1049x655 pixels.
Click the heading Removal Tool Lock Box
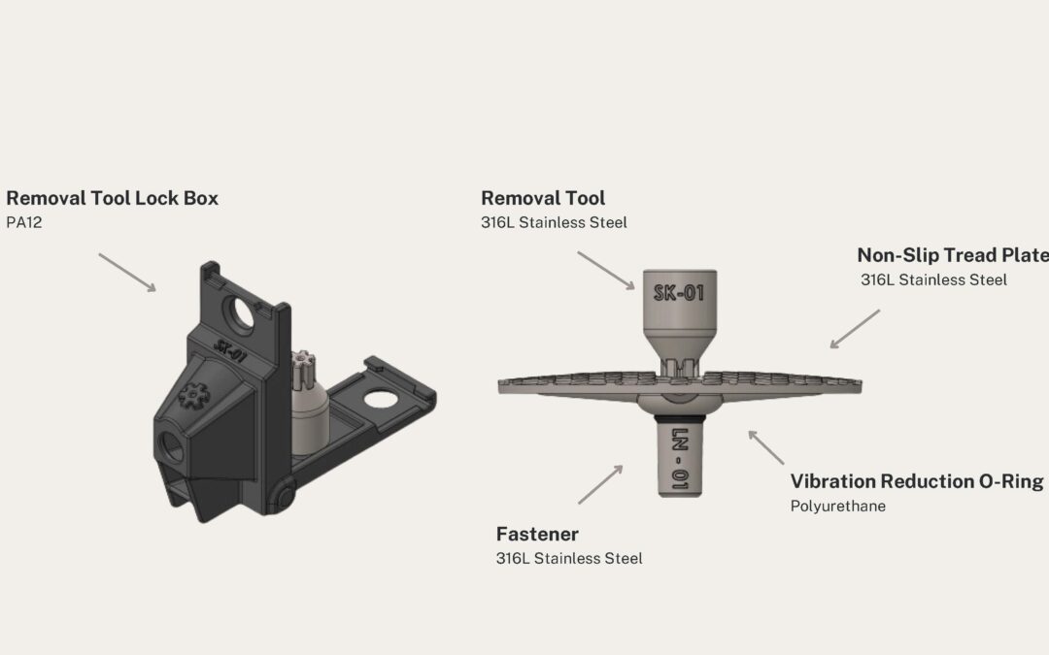point(112,198)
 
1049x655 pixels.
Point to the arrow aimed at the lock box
point(126,273)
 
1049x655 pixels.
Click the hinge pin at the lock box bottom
point(283,497)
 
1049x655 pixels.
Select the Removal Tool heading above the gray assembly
point(543,198)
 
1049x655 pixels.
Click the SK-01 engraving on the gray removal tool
point(680,292)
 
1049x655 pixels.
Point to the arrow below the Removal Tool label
point(606,271)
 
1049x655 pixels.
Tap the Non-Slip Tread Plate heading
point(952,255)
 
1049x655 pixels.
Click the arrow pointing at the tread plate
point(855,329)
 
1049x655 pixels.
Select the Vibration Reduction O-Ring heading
point(916,481)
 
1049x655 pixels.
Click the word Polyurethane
point(837,506)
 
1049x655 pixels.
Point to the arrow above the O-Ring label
point(766,447)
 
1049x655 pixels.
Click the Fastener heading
point(537,534)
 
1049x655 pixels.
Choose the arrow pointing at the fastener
point(600,484)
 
